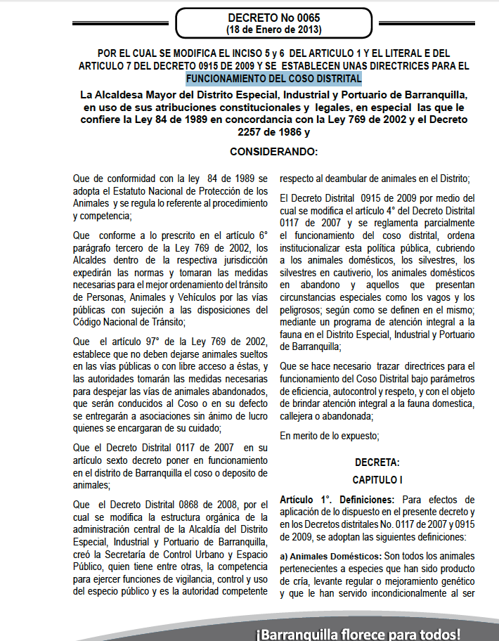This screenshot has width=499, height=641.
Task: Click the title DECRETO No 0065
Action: (x=273, y=18)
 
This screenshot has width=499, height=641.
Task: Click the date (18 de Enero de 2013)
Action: (x=273, y=30)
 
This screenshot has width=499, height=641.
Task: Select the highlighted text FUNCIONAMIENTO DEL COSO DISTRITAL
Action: (x=273, y=78)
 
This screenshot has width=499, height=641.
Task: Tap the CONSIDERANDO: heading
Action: (x=273, y=151)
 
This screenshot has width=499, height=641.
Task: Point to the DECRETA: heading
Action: (x=377, y=462)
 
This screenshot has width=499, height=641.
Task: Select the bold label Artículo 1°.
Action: (x=302, y=500)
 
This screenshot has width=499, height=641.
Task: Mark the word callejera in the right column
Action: (x=301, y=415)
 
